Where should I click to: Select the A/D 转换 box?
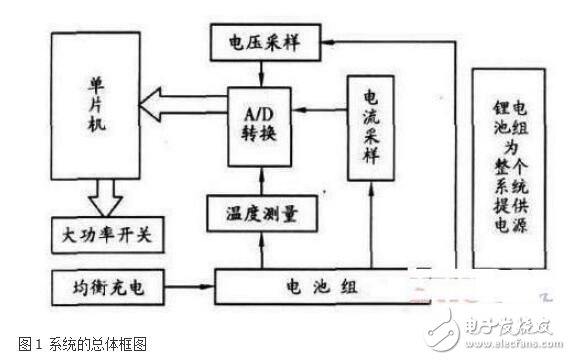(262, 123)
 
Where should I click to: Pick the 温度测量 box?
(261, 212)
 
